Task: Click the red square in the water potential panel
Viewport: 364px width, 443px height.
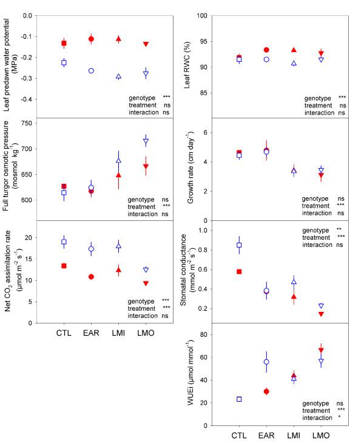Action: click(64, 43)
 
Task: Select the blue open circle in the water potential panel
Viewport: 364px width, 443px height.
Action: click(91, 70)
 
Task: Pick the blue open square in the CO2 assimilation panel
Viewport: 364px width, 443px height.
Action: click(64, 242)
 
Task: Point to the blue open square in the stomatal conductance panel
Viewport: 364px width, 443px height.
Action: click(239, 245)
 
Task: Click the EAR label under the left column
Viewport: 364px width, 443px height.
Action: click(91, 333)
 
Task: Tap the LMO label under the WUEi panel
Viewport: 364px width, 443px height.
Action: click(321, 435)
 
